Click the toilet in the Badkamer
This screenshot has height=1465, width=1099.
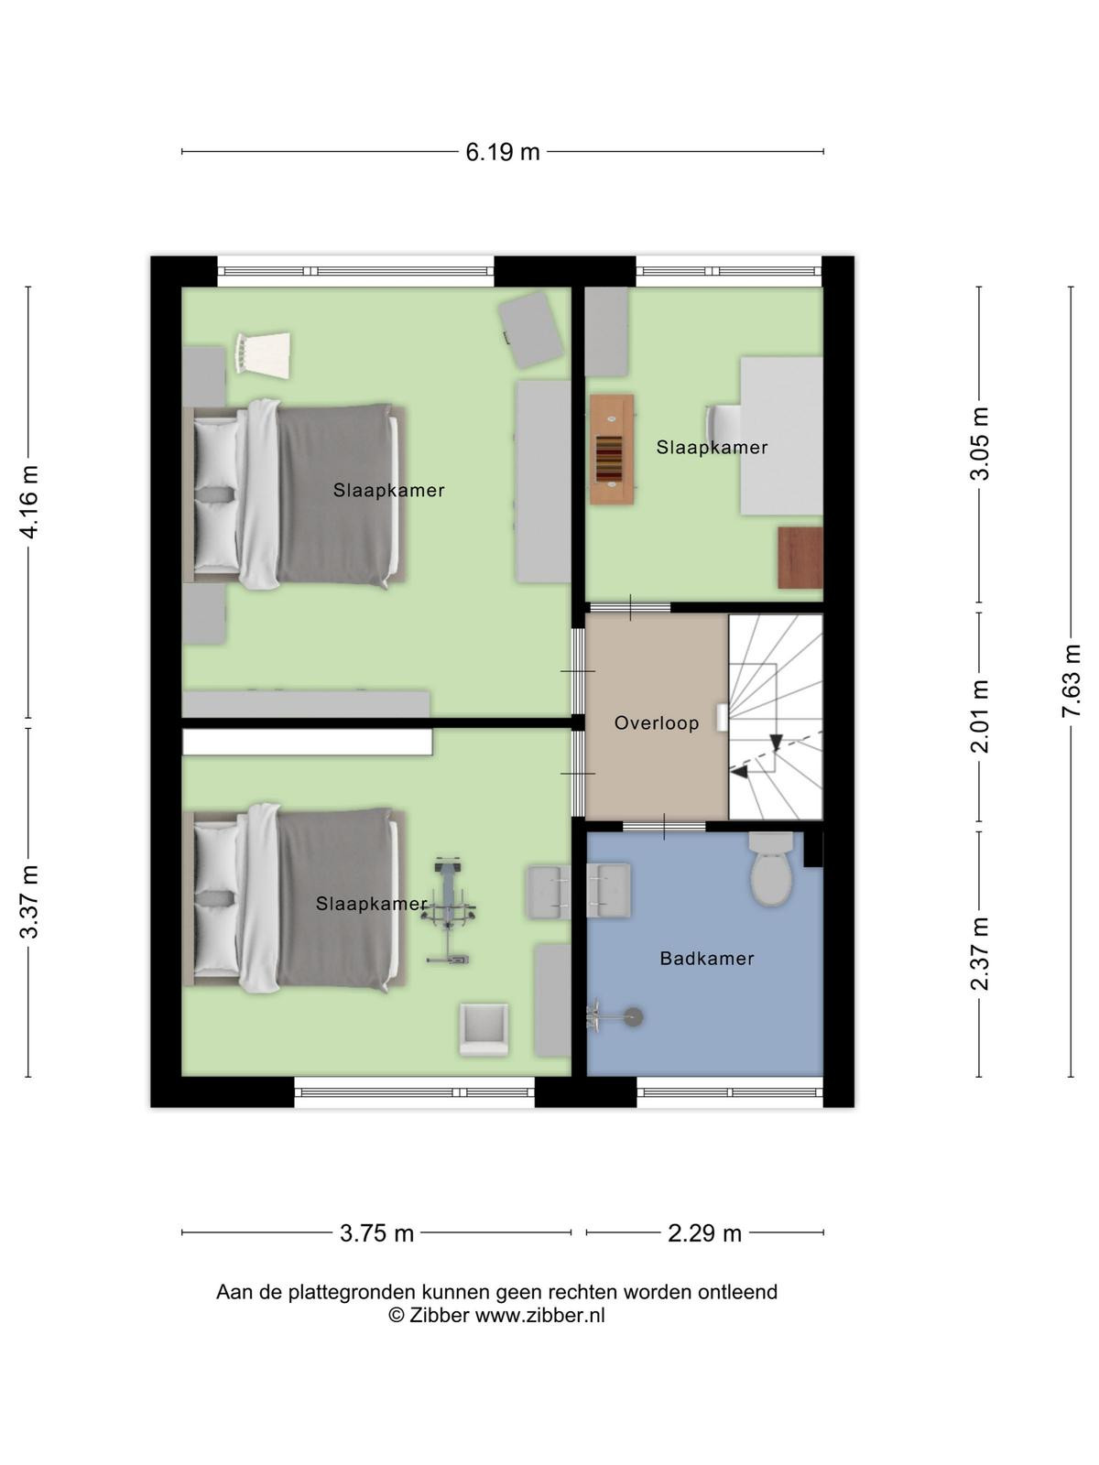point(771,868)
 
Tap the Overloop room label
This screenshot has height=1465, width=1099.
point(657,722)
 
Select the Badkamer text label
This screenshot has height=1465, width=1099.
point(707,959)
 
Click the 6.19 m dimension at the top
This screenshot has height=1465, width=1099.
point(503,152)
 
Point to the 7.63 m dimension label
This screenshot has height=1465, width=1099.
point(1071,680)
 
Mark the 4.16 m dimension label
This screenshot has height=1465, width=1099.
point(28,502)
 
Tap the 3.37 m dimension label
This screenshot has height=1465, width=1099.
point(28,902)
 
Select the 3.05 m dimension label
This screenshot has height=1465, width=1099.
point(980,443)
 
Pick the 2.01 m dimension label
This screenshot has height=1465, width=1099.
point(980,716)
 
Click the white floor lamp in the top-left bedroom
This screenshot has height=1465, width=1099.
point(262,353)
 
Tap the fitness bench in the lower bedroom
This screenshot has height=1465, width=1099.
point(448,910)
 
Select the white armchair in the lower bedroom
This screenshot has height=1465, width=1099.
point(484,1029)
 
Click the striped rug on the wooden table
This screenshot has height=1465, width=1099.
point(609,458)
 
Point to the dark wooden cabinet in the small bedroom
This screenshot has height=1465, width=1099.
point(800,558)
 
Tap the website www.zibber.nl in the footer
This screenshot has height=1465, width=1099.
point(539,1316)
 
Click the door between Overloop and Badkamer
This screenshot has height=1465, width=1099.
point(664,827)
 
